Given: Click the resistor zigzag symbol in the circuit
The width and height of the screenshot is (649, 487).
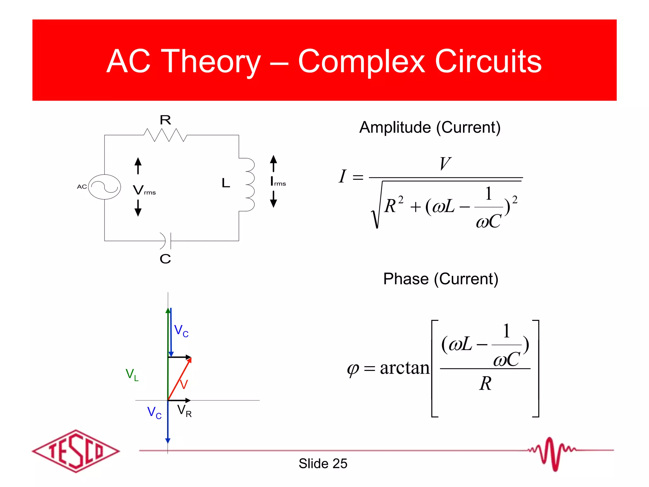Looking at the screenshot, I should coord(165,135).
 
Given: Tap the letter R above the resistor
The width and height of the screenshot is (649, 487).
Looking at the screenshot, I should coord(165,120).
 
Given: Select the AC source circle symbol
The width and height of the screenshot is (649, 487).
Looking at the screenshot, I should coord(104,187).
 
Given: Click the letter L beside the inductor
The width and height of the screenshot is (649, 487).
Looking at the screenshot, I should coord(226,183).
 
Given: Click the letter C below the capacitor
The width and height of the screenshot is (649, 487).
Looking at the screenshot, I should coord(165,259).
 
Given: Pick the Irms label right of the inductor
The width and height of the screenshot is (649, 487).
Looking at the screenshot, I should coord(278,182).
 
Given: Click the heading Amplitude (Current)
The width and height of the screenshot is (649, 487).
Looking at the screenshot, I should coord(430,127).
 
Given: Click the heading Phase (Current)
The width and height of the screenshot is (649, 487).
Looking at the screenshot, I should coord(440,279).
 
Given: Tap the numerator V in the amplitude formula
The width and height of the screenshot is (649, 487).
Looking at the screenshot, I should coord(445,164).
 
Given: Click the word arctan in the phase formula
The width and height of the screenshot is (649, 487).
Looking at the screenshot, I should coord(405,368).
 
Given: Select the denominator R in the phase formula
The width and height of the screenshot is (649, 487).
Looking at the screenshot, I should coord(485,383).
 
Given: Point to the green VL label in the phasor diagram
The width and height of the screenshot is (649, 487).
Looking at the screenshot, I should coord(132,374).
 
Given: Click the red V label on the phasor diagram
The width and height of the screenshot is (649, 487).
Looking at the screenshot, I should coord(184,384).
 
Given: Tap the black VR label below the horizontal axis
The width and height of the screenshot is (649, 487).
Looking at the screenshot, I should coord(184,411).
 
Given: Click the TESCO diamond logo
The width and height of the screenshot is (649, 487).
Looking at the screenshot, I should coord(76,451).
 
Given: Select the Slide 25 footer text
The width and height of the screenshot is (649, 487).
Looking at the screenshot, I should coord(323,464).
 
